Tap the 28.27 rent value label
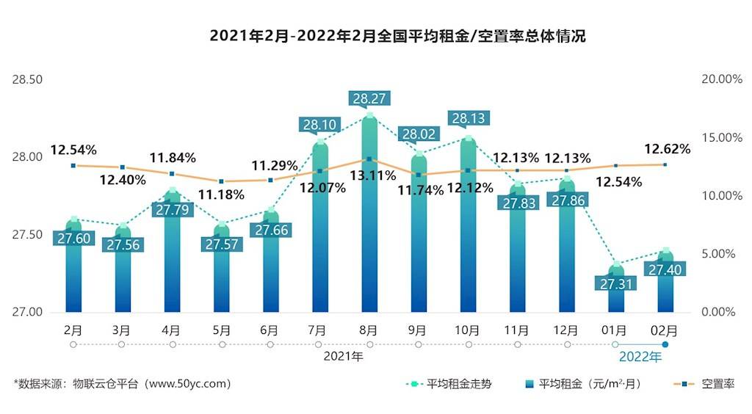click(x=369, y=98)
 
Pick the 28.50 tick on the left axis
click(x=28, y=79)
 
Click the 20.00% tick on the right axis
click(x=723, y=79)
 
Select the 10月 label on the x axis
click(x=469, y=330)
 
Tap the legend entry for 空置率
click(x=705, y=383)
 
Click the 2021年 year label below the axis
click(x=343, y=357)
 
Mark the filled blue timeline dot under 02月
click(x=665, y=344)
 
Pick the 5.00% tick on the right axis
click(x=723, y=254)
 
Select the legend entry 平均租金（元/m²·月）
click(x=580, y=383)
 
